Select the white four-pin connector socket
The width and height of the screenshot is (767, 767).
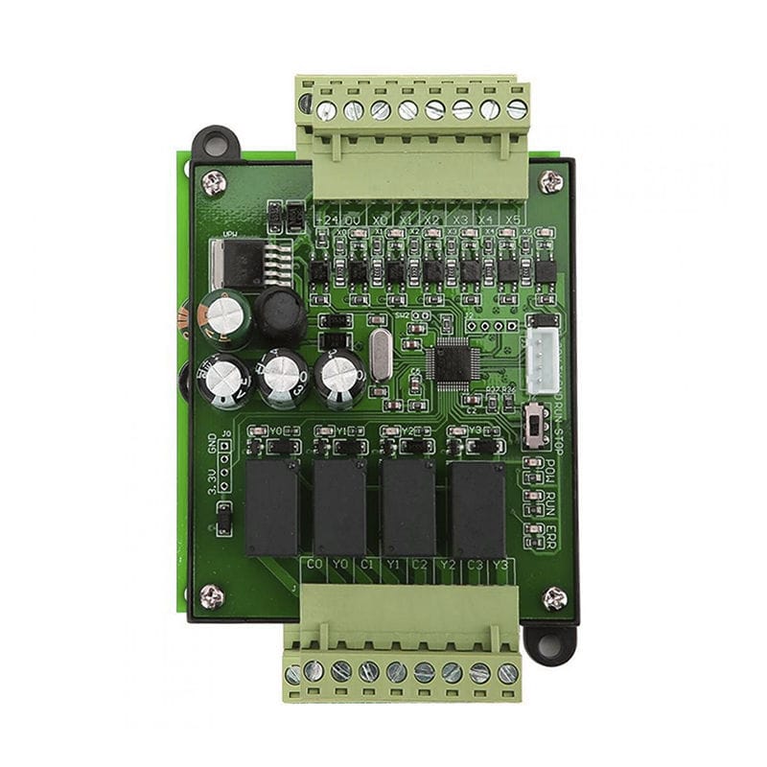pos(544,362)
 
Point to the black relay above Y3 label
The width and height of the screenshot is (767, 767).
pos(477,507)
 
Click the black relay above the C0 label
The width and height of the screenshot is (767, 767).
pos(272,507)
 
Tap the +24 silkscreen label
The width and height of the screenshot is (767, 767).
pos(325,220)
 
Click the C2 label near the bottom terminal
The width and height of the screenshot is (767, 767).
pos(419,565)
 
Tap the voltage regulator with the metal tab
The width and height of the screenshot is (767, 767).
pos(234,263)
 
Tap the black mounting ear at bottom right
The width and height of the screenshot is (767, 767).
pos(552,644)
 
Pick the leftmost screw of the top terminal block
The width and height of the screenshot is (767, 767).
pos(327,110)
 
